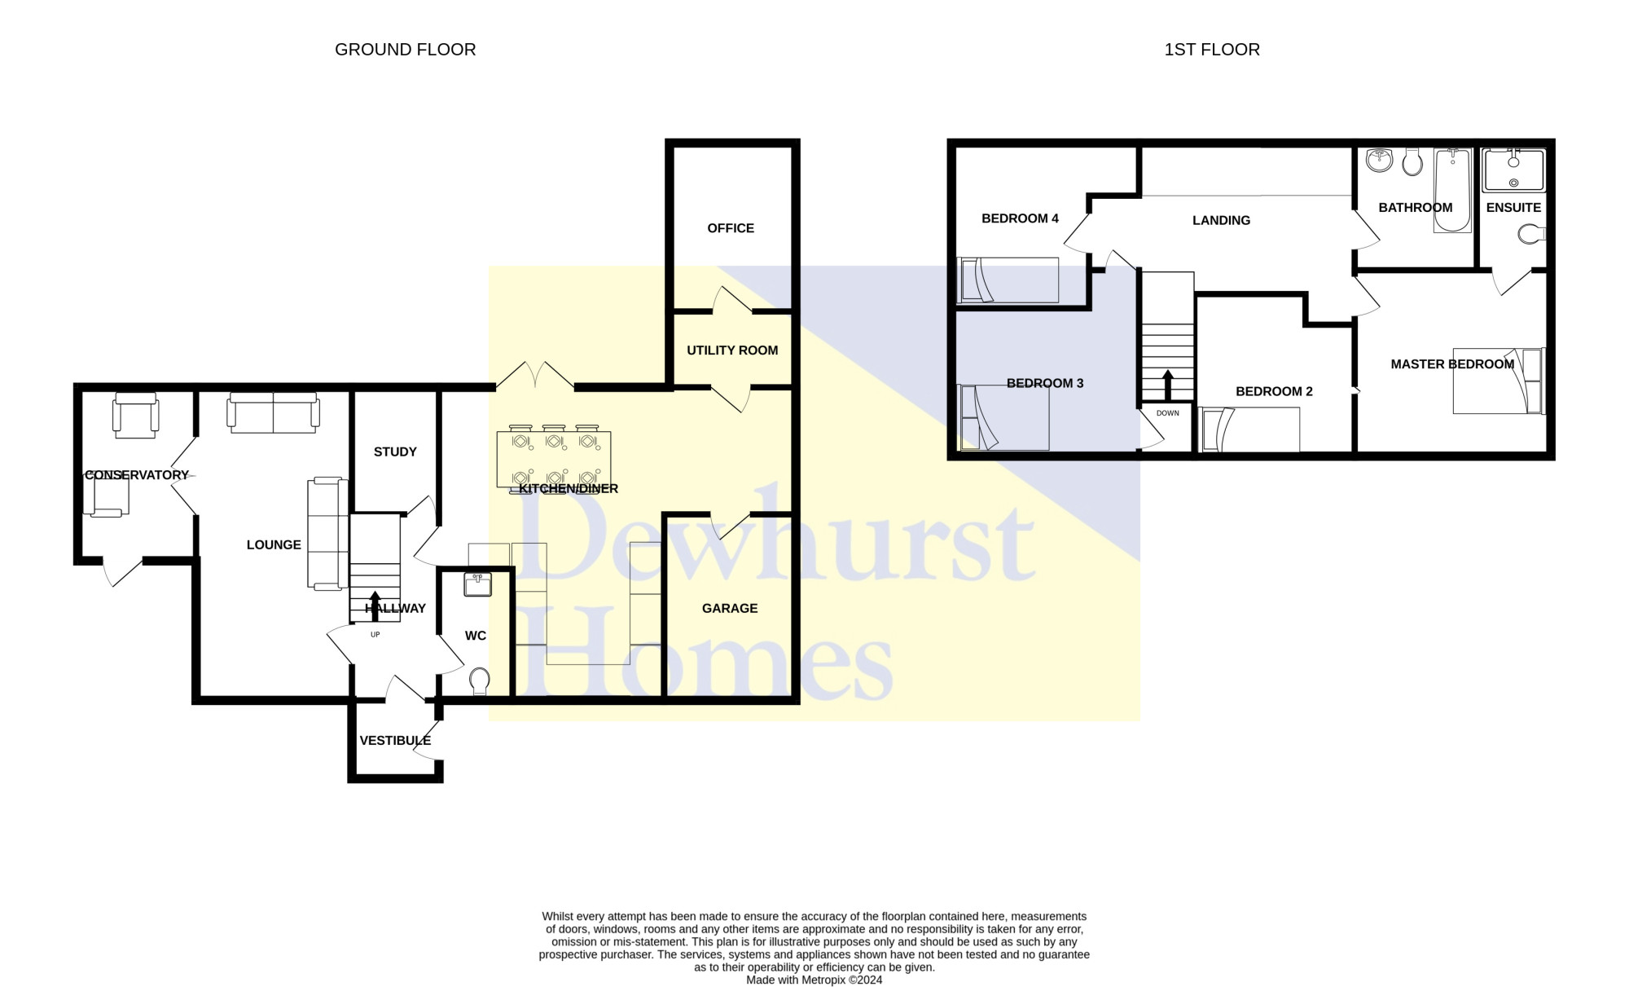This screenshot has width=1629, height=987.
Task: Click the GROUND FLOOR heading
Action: pyautogui.click(x=405, y=50)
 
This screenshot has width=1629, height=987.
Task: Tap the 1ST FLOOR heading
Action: pyautogui.click(x=1211, y=50)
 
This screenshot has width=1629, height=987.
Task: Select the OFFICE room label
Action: pyautogui.click(x=730, y=228)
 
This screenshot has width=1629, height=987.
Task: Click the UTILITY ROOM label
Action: pyautogui.click(x=731, y=350)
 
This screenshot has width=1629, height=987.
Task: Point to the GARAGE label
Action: pyautogui.click(x=729, y=609)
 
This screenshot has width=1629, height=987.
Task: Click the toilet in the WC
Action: pyautogui.click(x=480, y=681)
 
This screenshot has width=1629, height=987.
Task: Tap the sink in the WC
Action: pyautogui.click(x=477, y=584)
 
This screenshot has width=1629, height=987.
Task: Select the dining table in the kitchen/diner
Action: pyautogui.click(x=553, y=460)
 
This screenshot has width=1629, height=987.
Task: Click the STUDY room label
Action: pyautogui.click(x=395, y=452)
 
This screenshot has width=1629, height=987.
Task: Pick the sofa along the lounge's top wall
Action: pyautogui.click(x=273, y=412)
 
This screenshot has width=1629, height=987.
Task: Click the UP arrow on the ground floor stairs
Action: pyautogui.click(x=375, y=605)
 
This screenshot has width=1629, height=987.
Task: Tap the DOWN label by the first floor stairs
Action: pyautogui.click(x=1167, y=413)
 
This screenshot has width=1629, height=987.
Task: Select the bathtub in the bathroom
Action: pyautogui.click(x=1452, y=190)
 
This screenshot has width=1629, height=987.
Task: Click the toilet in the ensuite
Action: pyautogui.click(x=1531, y=235)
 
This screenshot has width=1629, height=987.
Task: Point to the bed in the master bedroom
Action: pyautogui.click(x=1497, y=381)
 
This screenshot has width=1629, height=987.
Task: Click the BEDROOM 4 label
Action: pyautogui.click(x=1020, y=218)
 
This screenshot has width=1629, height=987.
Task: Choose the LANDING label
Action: pyautogui.click(x=1220, y=221)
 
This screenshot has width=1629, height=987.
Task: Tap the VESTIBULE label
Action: pyautogui.click(x=395, y=741)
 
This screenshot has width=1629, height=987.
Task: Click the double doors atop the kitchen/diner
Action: pyautogui.click(x=535, y=376)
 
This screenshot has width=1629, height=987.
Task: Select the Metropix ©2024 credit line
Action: pyautogui.click(x=814, y=980)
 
